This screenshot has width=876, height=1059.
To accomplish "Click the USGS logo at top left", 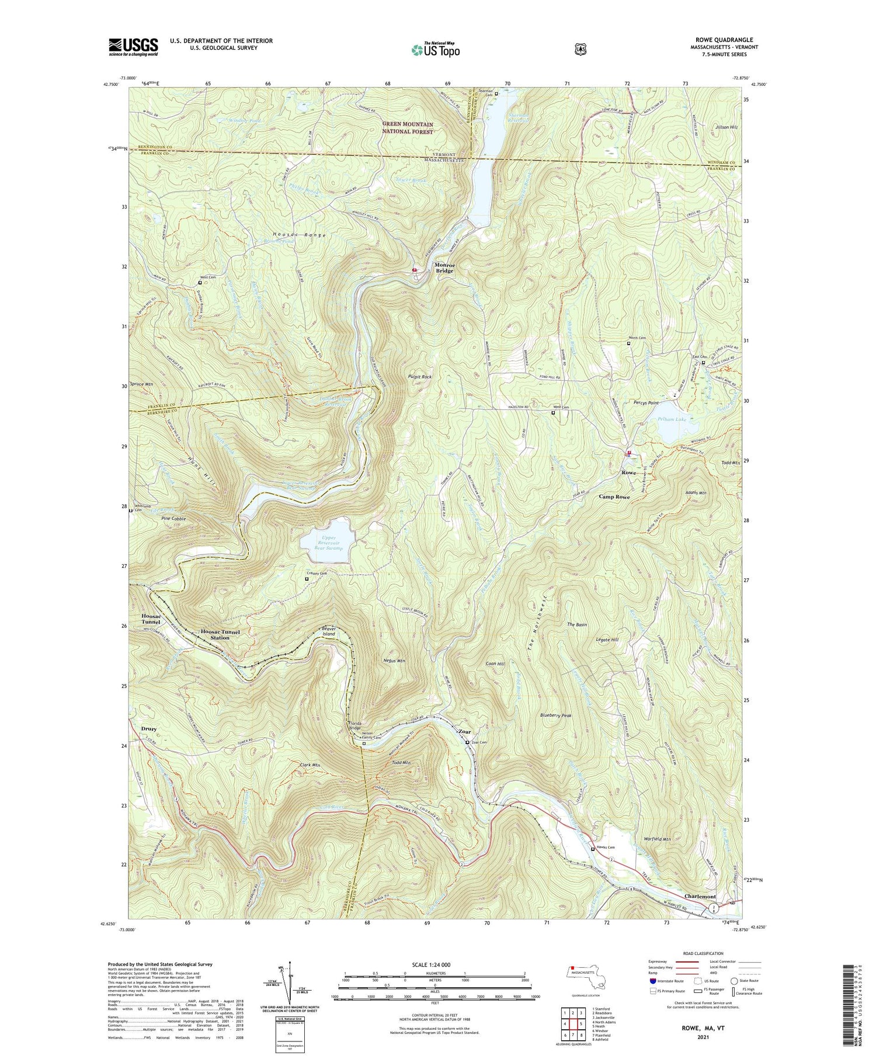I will tap(133, 47).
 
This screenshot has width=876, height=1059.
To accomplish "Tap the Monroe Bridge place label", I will tap(444, 268).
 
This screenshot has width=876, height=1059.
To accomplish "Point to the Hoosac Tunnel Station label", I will tap(220, 635).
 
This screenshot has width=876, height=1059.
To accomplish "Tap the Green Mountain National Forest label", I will tap(408, 128).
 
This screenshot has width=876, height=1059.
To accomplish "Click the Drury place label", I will tap(149, 729).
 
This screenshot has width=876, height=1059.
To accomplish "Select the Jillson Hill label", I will tap(725, 127).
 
